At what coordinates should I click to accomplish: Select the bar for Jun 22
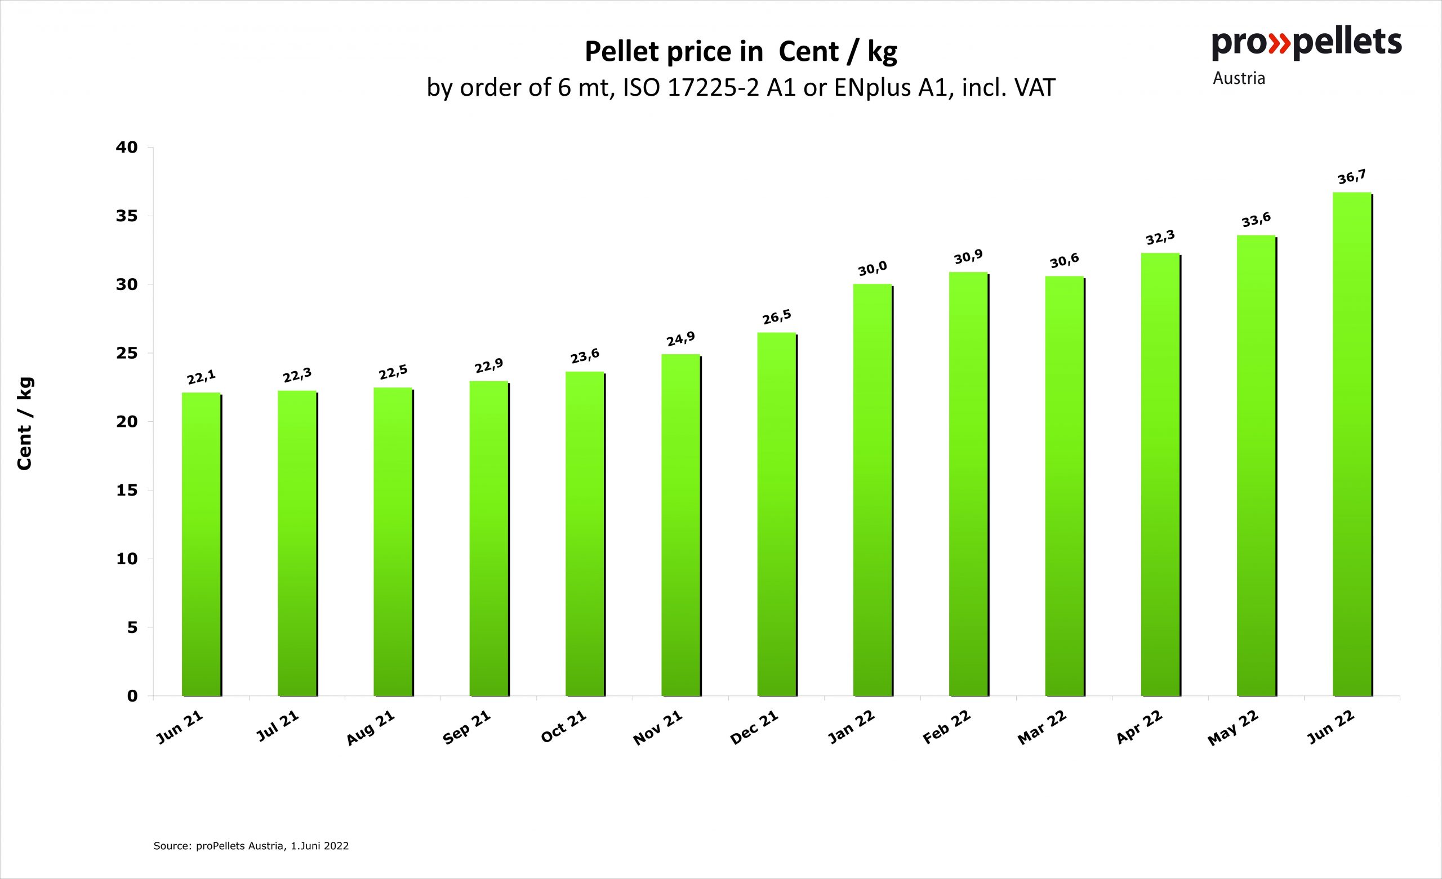pos(1352,445)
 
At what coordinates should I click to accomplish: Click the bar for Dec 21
pos(777,515)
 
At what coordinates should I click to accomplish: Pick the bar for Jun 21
pos(201,545)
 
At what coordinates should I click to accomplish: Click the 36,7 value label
pos(1352,176)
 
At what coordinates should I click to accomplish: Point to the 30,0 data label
pos(873,269)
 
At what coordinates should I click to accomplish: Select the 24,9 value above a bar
pos(680,338)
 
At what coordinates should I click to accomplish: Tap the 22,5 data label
pos(393,372)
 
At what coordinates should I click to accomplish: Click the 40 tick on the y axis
pos(127,148)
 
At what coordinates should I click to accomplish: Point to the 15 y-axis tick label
pos(127,490)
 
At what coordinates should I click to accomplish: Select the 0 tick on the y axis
pos(132,697)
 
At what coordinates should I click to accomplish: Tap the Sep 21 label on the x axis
pos(466,728)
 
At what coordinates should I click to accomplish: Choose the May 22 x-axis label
pos(1233,728)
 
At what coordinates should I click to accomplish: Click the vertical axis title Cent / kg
pos(25,423)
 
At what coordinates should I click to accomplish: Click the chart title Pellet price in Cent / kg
pos(740,52)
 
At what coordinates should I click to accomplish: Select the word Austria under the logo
pos(1239,78)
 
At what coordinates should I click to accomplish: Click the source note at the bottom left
pos(251,846)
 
